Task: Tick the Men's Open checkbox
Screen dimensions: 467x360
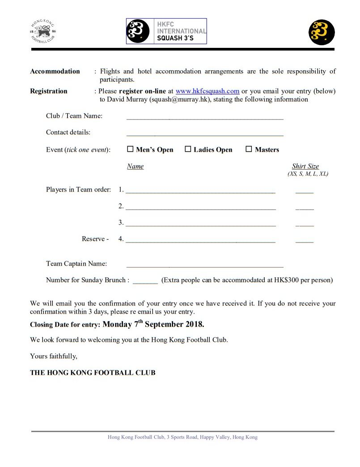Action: [131, 149]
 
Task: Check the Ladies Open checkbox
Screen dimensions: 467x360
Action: [188, 149]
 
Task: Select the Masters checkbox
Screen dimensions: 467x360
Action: [249, 149]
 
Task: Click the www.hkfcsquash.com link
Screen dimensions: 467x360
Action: [208, 91]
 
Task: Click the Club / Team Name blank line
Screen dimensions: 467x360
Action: [205, 117]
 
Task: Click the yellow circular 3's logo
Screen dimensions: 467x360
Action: [322, 32]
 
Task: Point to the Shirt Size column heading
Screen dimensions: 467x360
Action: [305, 166]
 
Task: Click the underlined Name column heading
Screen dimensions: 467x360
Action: [135, 166]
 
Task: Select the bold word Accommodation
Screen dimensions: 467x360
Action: [55, 72]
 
